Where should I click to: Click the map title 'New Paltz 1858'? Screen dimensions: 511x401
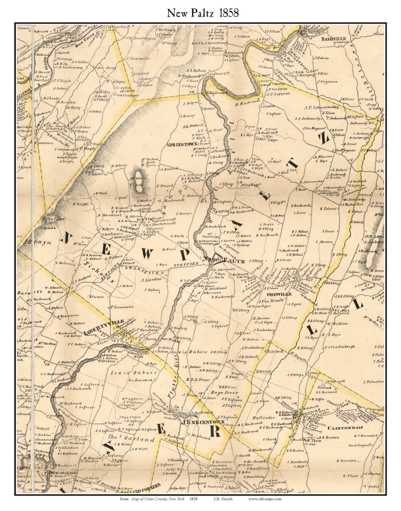click(x=203, y=13)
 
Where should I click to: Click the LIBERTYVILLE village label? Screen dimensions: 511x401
click(x=104, y=327)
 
